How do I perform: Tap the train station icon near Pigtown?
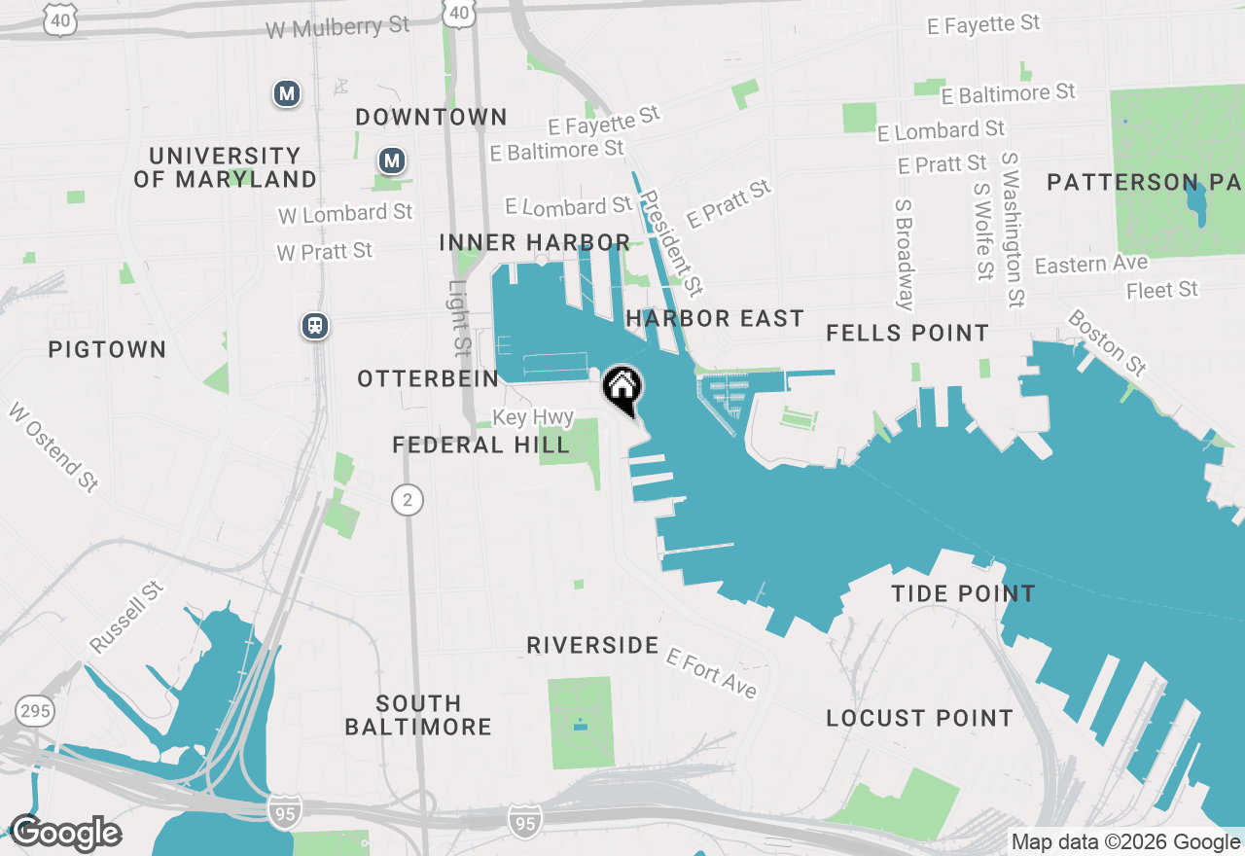click(314, 326)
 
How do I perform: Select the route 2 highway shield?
click(408, 501)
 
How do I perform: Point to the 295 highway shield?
click(35, 712)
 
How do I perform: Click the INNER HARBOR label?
click(534, 242)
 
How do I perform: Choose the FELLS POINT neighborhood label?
click(907, 334)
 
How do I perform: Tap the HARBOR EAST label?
click(715, 318)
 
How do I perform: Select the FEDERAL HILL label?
click(480, 446)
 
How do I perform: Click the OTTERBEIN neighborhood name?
click(428, 378)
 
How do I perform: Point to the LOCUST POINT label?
click(919, 718)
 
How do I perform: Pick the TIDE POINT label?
click(963, 593)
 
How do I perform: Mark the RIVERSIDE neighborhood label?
click(592, 645)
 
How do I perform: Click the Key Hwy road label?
click(533, 417)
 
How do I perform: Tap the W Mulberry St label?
click(338, 27)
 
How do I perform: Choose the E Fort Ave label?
click(711, 673)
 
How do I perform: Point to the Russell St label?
click(127, 618)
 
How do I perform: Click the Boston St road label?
click(1107, 342)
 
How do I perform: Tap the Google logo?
click(65, 834)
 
